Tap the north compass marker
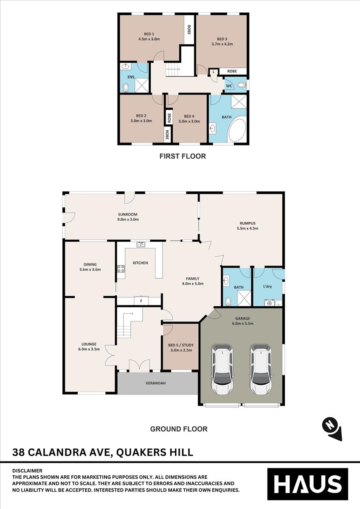click(x=332, y=432)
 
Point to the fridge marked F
click(x=141, y=301)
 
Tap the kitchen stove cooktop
click(x=121, y=269)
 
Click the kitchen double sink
click(x=141, y=244)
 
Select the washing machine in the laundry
click(x=270, y=303)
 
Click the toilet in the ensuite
click(x=126, y=87)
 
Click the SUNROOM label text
click(x=128, y=214)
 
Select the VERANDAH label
click(x=155, y=383)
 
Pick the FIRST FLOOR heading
click(x=183, y=156)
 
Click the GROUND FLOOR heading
click(x=179, y=429)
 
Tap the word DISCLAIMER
click(x=27, y=470)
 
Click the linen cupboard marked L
click(x=214, y=72)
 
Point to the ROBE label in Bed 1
click(x=189, y=29)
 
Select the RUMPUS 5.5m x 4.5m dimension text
click(x=247, y=228)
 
